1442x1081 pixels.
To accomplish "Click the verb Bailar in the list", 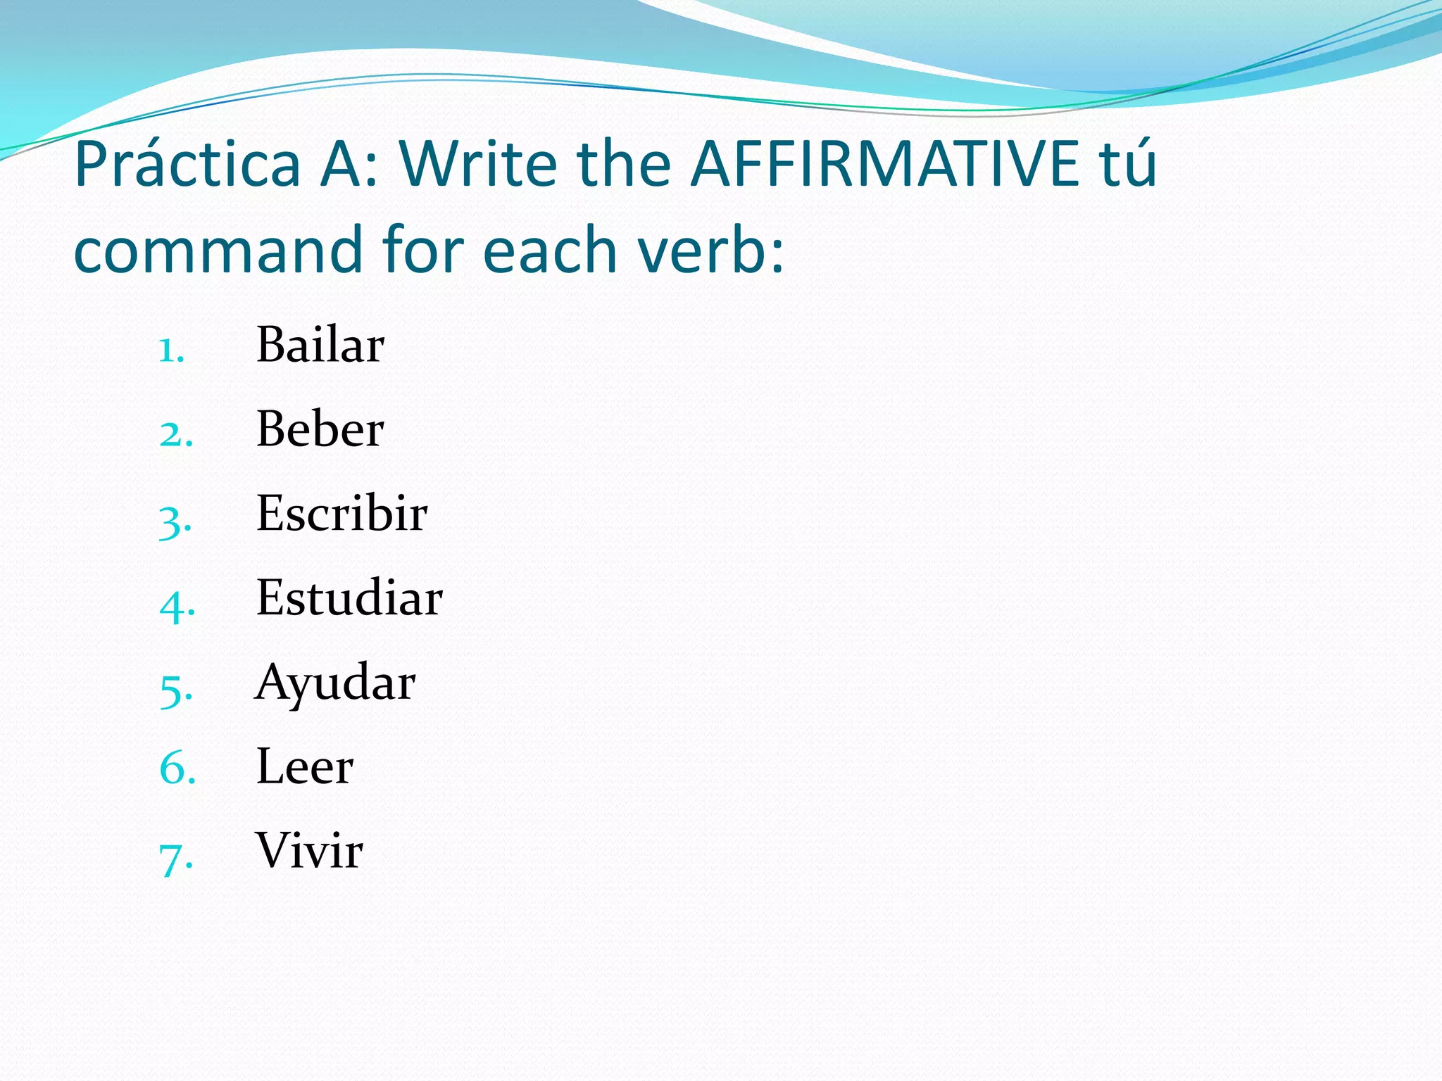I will pyautogui.click(x=320, y=345).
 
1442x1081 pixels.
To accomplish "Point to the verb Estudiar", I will pyautogui.click(x=349, y=598).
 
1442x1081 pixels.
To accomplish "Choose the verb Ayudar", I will pyautogui.click(x=335, y=683).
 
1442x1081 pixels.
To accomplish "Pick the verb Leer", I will pyautogui.click(x=305, y=766).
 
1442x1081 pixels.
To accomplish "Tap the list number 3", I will pyautogui.click(x=175, y=521).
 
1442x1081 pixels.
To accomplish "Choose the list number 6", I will pyautogui.click(x=177, y=769).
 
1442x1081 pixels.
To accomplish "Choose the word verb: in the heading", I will pyautogui.click(x=710, y=251).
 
